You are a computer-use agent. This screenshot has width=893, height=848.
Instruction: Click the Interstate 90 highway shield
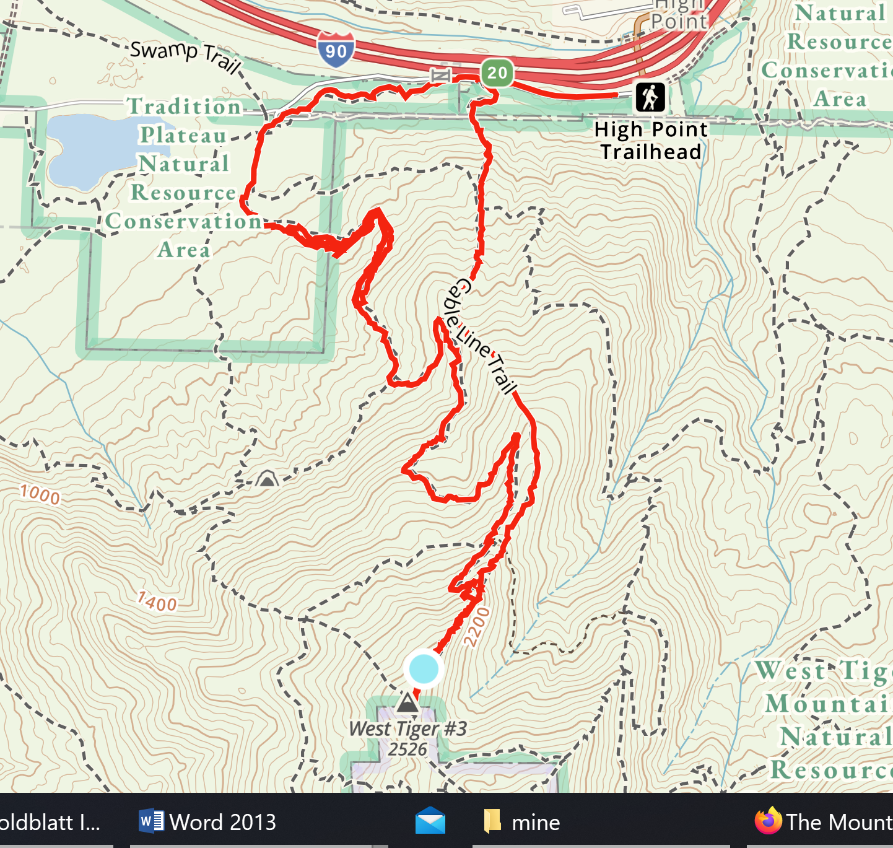coord(336,50)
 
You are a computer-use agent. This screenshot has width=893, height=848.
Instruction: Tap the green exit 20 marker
coord(497,72)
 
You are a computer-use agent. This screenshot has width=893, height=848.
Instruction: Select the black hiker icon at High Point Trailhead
coord(650,97)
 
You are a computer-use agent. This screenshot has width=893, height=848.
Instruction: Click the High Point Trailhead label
coord(651,141)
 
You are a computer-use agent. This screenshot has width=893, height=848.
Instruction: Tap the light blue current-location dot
coord(424,669)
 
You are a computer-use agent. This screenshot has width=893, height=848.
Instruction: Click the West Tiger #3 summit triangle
coord(407,703)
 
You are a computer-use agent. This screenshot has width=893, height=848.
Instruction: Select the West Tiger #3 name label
coord(407,729)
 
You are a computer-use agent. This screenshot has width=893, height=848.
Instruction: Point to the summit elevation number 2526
coord(407,750)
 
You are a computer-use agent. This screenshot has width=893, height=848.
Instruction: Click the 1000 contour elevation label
coord(40,494)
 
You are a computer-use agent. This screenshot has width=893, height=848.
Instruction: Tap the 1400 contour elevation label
coord(157,601)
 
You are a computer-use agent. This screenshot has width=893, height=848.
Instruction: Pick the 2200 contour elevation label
coord(477,627)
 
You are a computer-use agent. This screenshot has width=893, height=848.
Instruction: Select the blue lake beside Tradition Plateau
coord(87,149)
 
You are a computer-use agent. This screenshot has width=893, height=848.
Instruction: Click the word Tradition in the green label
coord(185,107)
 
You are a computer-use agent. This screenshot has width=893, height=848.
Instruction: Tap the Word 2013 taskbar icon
coord(151,821)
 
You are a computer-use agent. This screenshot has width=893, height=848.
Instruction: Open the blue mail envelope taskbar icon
coord(430,821)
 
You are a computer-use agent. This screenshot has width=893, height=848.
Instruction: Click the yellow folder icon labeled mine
coord(492,821)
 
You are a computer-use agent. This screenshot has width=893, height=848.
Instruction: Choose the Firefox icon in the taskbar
coord(768,821)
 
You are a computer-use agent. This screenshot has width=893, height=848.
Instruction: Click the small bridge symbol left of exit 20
coord(440,76)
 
